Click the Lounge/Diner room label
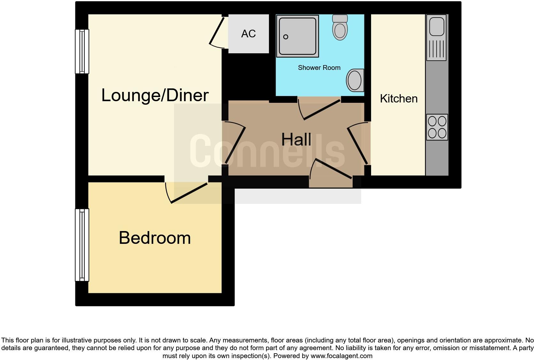tap(155, 95)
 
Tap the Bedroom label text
tap(155, 238)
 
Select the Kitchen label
tap(399, 99)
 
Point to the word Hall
tap(296, 139)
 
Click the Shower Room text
tap(319, 68)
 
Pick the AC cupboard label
tap(248, 34)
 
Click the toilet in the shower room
tap(340, 28)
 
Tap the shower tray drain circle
tap(286, 37)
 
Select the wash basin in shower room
tap(355, 80)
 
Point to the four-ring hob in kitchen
tap(437, 127)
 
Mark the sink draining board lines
tap(436, 49)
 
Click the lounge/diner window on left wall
tap(82, 51)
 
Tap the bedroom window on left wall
tap(82, 245)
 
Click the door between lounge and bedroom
tap(188, 193)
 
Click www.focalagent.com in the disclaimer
tap(341, 356)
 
